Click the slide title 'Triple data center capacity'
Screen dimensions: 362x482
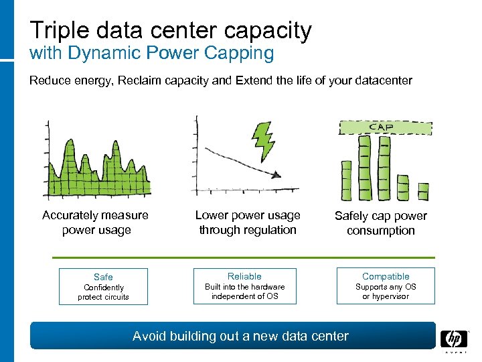[171, 30]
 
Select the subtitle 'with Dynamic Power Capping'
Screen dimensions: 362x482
[152, 54]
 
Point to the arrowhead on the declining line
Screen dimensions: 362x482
[275, 175]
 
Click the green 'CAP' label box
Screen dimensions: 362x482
[384, 127]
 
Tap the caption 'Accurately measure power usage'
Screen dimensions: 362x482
[95, 223]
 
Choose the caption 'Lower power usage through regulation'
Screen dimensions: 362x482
[248, 223]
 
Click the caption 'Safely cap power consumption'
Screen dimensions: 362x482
[380, 223]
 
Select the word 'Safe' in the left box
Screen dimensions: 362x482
[103, 277]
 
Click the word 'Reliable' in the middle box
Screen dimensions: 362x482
[244, 276]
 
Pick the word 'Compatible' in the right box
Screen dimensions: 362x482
[386, 276]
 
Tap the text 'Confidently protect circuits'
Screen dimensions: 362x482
[103, 292]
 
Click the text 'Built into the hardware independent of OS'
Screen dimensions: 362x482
[244, 292]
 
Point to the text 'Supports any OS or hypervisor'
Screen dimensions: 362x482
[386, 292]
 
